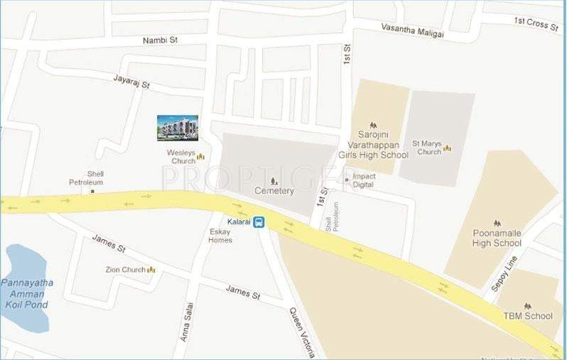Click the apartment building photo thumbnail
tap(178, 128)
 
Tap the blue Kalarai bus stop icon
tap(259, 222)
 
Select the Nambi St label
tap(159, 40)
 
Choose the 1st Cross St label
tap(538, 23)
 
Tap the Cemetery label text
tap(274, 190)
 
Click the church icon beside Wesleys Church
tap(200, 157)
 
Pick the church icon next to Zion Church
tap(151, 270)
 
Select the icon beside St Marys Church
tap(448, 148)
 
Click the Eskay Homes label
tap(220, 236)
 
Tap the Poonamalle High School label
tap(497, 238)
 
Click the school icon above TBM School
tap(527, 306)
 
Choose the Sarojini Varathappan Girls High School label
tap(380, 145)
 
